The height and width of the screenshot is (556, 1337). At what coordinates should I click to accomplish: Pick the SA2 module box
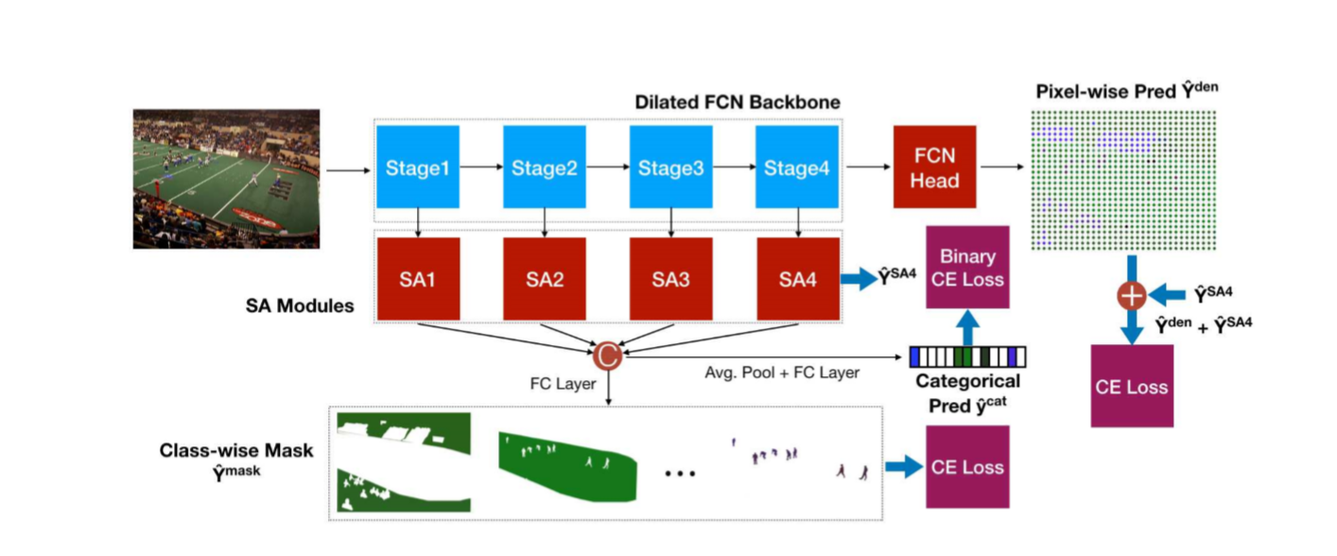click(x=544, y=279)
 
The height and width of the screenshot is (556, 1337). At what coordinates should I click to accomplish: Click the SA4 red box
click(x=797, y=279)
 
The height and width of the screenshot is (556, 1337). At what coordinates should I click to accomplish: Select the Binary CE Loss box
click(x=967, y=267)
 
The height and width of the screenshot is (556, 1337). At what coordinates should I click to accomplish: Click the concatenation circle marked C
click(x=607, y=356)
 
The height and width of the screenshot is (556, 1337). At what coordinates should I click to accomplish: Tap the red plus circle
click(x=1132, y=295)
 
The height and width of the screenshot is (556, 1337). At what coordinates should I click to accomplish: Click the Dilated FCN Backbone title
click(x=737, y=102)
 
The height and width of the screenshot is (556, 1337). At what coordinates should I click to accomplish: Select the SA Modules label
click(x=299, y=306)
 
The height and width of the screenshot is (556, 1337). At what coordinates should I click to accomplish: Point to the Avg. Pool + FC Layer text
click(x=782, y=373)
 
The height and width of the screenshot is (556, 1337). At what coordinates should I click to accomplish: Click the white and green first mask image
click(x=404, y=462)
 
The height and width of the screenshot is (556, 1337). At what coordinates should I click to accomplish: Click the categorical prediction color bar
click(x=966, y=356)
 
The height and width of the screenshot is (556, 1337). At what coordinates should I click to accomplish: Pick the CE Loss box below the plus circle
click(x=1132, y=386)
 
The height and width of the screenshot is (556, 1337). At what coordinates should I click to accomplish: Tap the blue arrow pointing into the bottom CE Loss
click(x=903, y=466)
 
